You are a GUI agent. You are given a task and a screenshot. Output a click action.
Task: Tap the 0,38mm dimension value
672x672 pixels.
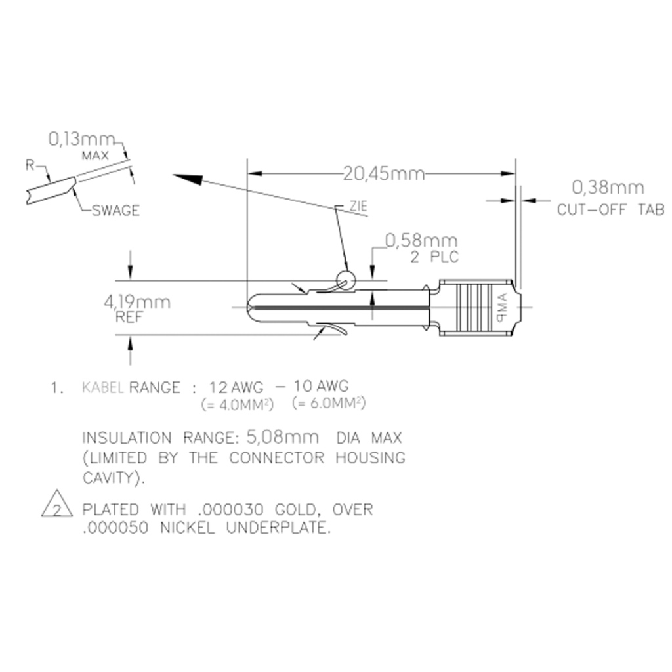[608, 188]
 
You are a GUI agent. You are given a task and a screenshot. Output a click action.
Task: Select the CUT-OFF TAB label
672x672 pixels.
[610, 210]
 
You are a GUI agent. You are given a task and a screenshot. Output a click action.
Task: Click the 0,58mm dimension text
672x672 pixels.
[421, 241]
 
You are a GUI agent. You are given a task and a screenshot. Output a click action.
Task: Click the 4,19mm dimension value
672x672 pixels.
[137, 303]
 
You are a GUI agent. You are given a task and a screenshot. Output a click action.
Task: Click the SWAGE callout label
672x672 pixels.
[115, 211]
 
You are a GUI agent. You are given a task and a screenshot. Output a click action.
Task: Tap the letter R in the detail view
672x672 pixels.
[30, 165]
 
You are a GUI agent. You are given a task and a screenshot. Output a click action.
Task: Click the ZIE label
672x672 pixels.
[358, 207]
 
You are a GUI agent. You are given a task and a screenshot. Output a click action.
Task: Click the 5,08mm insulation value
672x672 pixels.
[283, 437]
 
